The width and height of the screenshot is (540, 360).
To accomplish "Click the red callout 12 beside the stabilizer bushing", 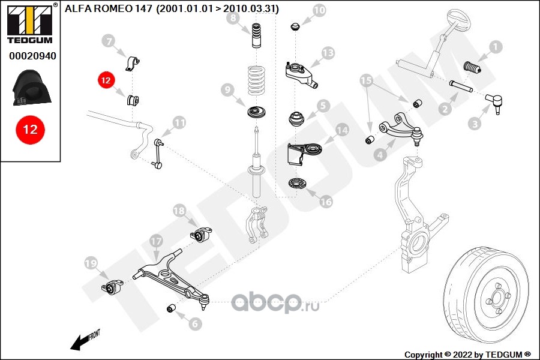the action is (x=106, y=80).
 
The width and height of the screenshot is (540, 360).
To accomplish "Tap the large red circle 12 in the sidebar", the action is (x=31, y=130).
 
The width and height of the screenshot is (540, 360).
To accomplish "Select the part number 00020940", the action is (x=32, y=56).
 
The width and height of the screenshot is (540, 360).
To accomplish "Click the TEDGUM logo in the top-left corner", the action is (x=31, y=23).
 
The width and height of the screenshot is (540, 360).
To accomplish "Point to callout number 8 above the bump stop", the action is (x=233, y=17).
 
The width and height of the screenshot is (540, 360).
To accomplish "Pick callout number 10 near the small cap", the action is (x=319, y=10).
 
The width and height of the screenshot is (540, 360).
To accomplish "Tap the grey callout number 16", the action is (x=326, y=202).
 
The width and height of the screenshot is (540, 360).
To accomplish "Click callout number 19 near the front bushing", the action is (x=91, y=264).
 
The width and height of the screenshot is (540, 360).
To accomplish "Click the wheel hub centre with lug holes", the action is (x=497, y=298).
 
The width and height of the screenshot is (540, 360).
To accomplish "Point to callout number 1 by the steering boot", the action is (x=496, y=47).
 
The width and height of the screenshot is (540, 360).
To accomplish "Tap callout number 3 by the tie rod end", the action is (x=475, y=124).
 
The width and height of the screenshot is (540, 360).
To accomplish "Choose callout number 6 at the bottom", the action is (x=195, y=323).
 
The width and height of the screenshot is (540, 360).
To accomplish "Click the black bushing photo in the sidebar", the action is (x=32, y=88).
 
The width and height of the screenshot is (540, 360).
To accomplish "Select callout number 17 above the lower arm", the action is (x=156, y=241).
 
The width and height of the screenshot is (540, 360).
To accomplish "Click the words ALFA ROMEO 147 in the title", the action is (x=108, y=8).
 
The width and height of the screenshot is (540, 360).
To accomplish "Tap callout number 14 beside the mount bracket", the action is (x=342, y=130).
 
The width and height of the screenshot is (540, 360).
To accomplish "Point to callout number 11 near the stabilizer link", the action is (x=179, y=122).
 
